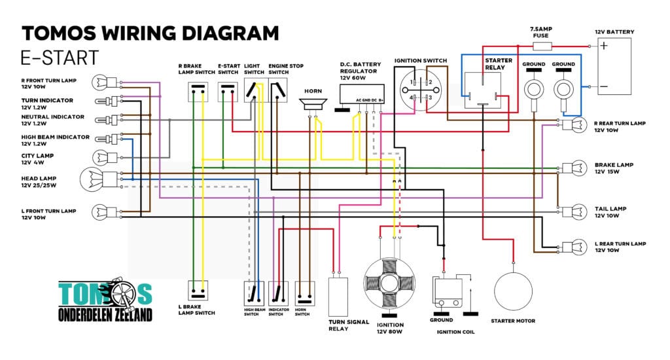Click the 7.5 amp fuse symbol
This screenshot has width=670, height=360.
click(542, 46)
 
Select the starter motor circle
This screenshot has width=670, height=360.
click(513, 291)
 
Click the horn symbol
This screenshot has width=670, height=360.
click(313, 104)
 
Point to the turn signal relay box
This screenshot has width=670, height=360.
click(338, 297)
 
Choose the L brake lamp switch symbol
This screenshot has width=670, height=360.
click(198, 291)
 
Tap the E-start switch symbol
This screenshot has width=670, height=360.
click(228, 92)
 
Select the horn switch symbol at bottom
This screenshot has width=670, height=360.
click(305, 293)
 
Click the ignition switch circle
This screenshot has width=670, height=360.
click(421, 90)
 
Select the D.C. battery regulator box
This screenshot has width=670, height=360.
click(361, 94)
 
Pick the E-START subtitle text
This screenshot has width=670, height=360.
click(60, 58)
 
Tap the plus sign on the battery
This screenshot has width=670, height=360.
click(603, 45)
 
